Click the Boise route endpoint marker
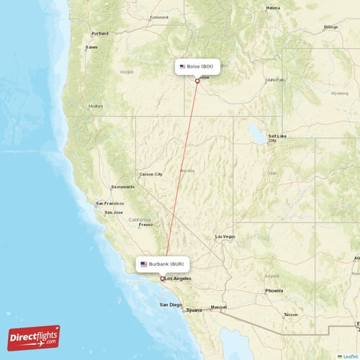coord(197,81)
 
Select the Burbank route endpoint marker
coord(162,278)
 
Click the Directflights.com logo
coord(34,337)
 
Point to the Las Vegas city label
coord(225,236)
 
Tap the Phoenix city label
coord(274,290)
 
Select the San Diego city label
coord(171,305)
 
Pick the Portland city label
coord(99,33)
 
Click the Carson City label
coord(150,174)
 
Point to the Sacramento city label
coord(122,186)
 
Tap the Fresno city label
coord(146,225)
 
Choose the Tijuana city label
coord(194,310)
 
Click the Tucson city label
coord(290,315)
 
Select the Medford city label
coord(96,106)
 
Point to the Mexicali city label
coord(218,307)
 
